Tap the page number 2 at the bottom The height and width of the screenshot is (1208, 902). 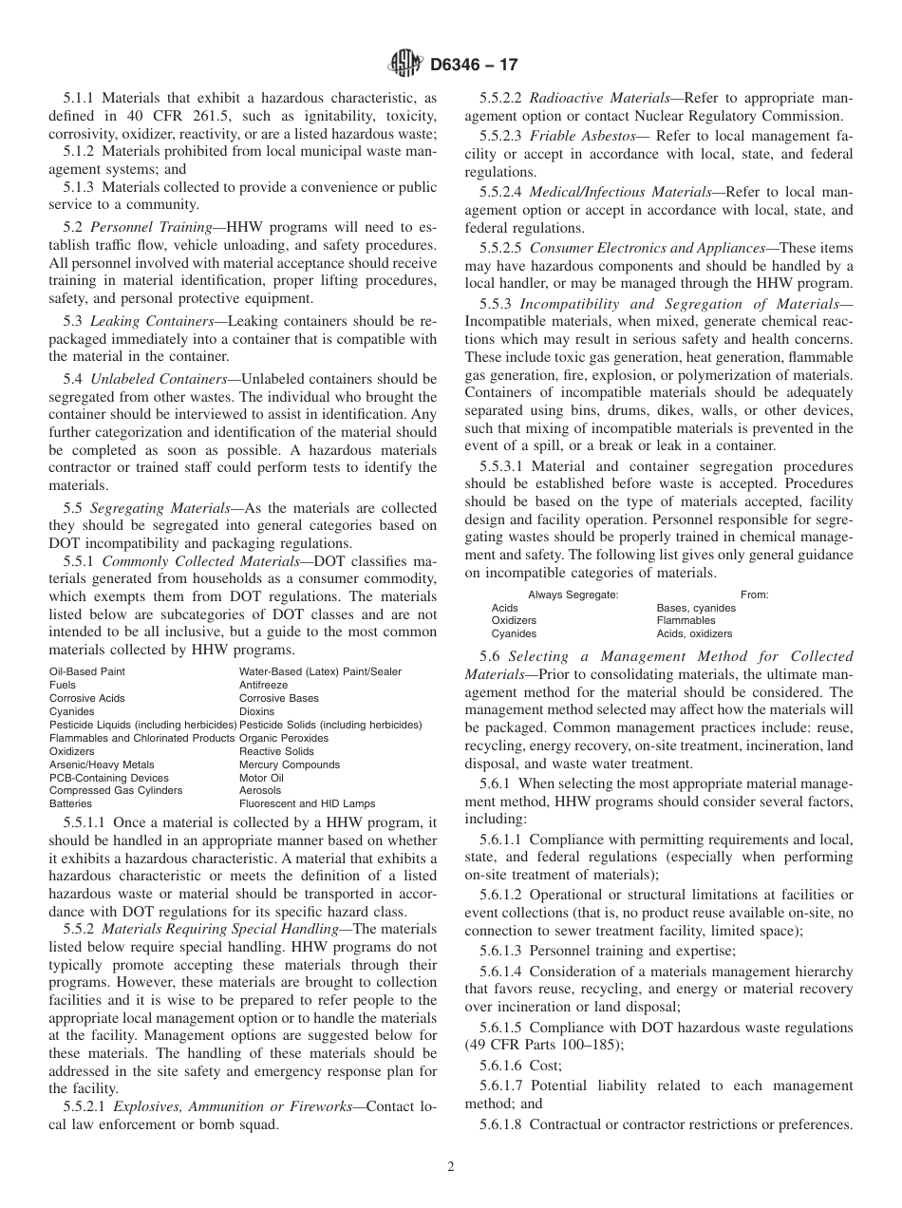pyautogui.click(x=451, y=1167)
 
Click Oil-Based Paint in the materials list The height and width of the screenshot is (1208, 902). pyautogui.click(x=87, y=671)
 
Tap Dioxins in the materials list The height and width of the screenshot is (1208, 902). pyautogui.click(x=256, y=711)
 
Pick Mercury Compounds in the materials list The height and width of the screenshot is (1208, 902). pyautogui.click(x=289, y=764)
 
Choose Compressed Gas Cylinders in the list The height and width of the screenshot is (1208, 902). pyautogui.click(x=116, y=790)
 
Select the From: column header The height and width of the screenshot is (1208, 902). pyautogui.click(x=754, y=595)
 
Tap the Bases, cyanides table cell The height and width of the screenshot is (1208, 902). pyautogui.click(x=696, y=608)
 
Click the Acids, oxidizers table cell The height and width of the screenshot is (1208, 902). pyautogui.click(x=694, y=633)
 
